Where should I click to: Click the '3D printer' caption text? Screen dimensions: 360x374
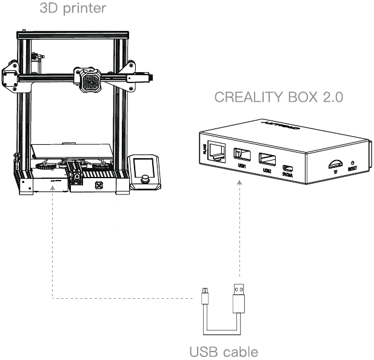[x=72, y=9]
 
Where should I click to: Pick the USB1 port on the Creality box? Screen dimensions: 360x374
[x=241, y=156]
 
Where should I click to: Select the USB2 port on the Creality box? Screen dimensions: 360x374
[x=266, y=160]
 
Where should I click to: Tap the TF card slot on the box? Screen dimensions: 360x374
[x=334, y=163]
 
